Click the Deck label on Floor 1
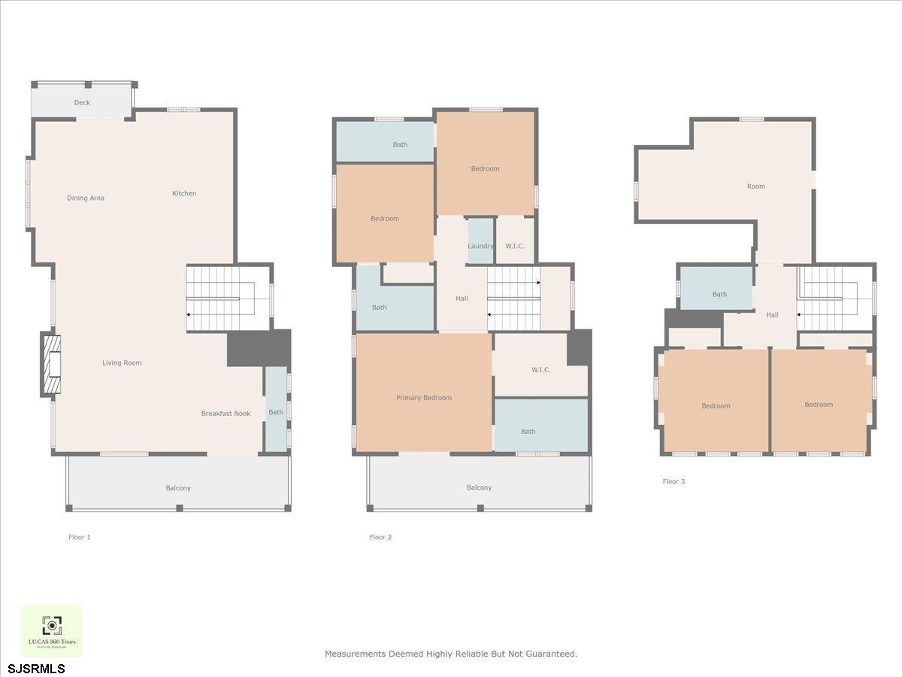click(x=82, y=103)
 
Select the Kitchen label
click(x=184, y=193)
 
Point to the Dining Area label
click(x=86, y=199)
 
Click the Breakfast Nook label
click(x=225, y=414)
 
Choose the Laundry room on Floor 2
click(x=480, y=246)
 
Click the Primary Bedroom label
click(x=424, y=398)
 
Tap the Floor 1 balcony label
click(x=178, y=488)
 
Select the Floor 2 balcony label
click(x=479, y=487)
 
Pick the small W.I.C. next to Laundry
click(x=515, y=246)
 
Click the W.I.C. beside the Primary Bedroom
click(x=540, y=370)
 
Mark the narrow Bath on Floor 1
click(x=276, y=411)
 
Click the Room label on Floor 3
click(x=755, y=187)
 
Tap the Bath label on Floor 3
click(x=719, y=295)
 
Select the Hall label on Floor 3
click(x=772, y=315)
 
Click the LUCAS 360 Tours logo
click(x=51, y=630)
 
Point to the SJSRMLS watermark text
click(x=37, y=669)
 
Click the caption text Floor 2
click(x=380, y=537)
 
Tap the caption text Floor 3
click(x=673, y=481)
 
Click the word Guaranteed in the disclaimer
click(x=552, y=654)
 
